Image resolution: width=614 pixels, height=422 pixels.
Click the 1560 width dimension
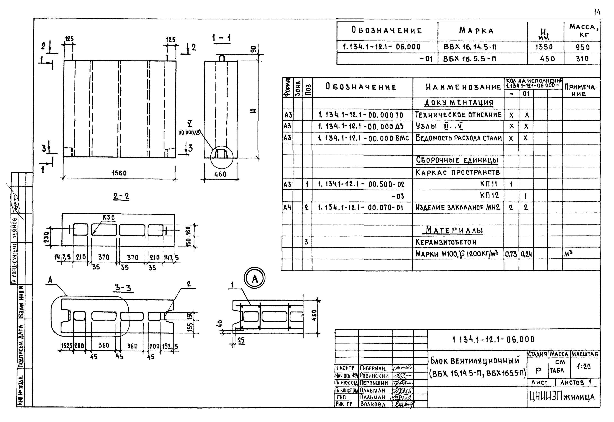(x=119, y=173)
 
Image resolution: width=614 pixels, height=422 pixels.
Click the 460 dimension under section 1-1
(x=220, y=174)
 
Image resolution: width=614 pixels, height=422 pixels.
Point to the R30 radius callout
(x=108, y=218)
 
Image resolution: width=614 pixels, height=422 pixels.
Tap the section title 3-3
(x=123, y=288)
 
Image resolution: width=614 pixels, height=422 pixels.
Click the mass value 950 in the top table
(x=582, y=47)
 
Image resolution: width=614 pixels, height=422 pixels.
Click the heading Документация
(x=459, y=103)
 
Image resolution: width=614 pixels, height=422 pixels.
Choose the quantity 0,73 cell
(x=511, y=254)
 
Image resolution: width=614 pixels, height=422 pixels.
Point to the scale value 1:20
(x=584, y=366)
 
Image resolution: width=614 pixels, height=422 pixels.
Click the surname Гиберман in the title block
(x=373, y=368)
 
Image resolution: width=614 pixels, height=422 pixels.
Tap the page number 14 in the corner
(x=597, y=12)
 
